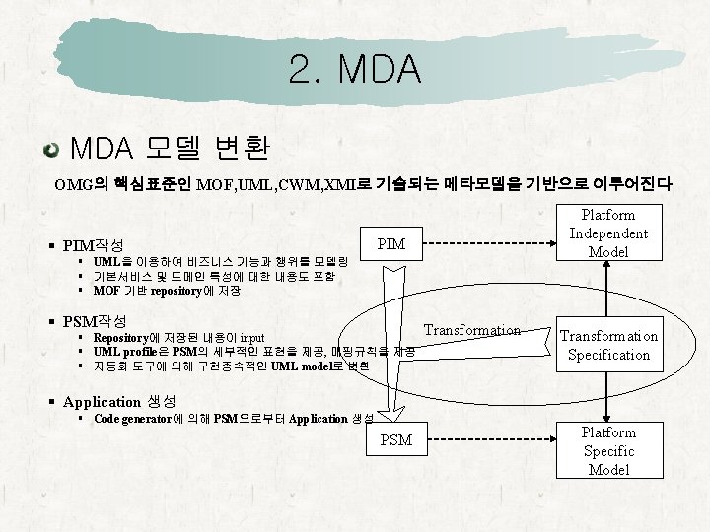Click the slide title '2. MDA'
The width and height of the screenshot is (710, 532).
pyautogui.click(x=355, y=69)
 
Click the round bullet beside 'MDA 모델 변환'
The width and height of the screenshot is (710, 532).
pyautogui.click(x=50, y=150)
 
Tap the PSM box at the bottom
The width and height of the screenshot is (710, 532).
pyautogui.click(x=395, y=440)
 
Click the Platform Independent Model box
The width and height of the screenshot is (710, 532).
pyautogui.click(x=608, y=233)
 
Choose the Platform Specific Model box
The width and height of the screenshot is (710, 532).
pyautogui.click(x=608, y=451)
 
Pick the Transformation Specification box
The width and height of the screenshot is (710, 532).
pyautogui.click(x=608, y=345)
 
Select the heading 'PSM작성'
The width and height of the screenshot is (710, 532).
pyautogui.click(x=94, y=321)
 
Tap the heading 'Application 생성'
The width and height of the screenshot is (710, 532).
pyautogui.click(x=118, y=401)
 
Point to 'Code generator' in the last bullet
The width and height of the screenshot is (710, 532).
pyautogui.click(x=132, y=419)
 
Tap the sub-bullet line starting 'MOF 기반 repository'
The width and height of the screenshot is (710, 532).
pyautogui.click(x=167, y=291)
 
